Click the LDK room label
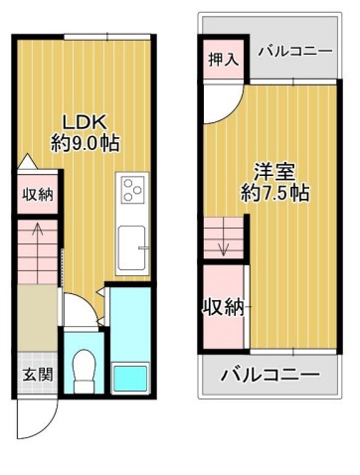[x=85, y=122]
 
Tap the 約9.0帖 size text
[x=85, y=143]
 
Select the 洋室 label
[x=274, y=172]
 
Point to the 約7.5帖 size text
[x=274, y=193]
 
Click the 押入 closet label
[x=224, y=60]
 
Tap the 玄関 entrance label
[x=38, y=375]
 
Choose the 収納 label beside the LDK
[x=38, y=195]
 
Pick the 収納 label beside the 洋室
[x=224, y=307]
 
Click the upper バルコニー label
[x=295, y=52]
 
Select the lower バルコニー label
[x=270, y=375]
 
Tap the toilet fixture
[x=84, y=372]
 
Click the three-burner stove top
[x=132, y=190]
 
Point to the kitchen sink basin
[x=132, y=247]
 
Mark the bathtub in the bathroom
[x=130, y=378]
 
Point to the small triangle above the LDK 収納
[x=27, y=162]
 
